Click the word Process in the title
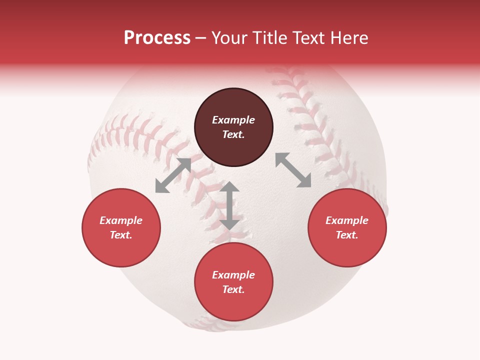[x=157, y=38]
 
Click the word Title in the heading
[x=267, y=38]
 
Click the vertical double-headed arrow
[x=229, y=205]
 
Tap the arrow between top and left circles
[x=173, y=175]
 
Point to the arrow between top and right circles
[x=293, y=170]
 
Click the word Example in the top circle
[x=233, y=120]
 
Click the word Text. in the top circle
[x=233, y=134]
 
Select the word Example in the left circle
[x=121, y=220]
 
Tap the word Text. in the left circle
[x=121, y=235]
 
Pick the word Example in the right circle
[x=347, y=220]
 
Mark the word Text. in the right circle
[x=347, y=235]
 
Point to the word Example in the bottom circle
[x=233, y=275]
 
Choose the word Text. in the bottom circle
[x=233, y=289]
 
